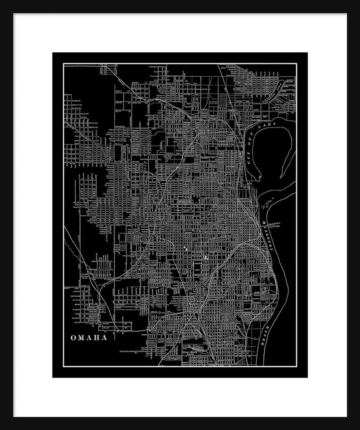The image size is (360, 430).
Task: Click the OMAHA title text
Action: pos(88,337)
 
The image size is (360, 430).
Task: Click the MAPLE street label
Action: pos(107,131)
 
